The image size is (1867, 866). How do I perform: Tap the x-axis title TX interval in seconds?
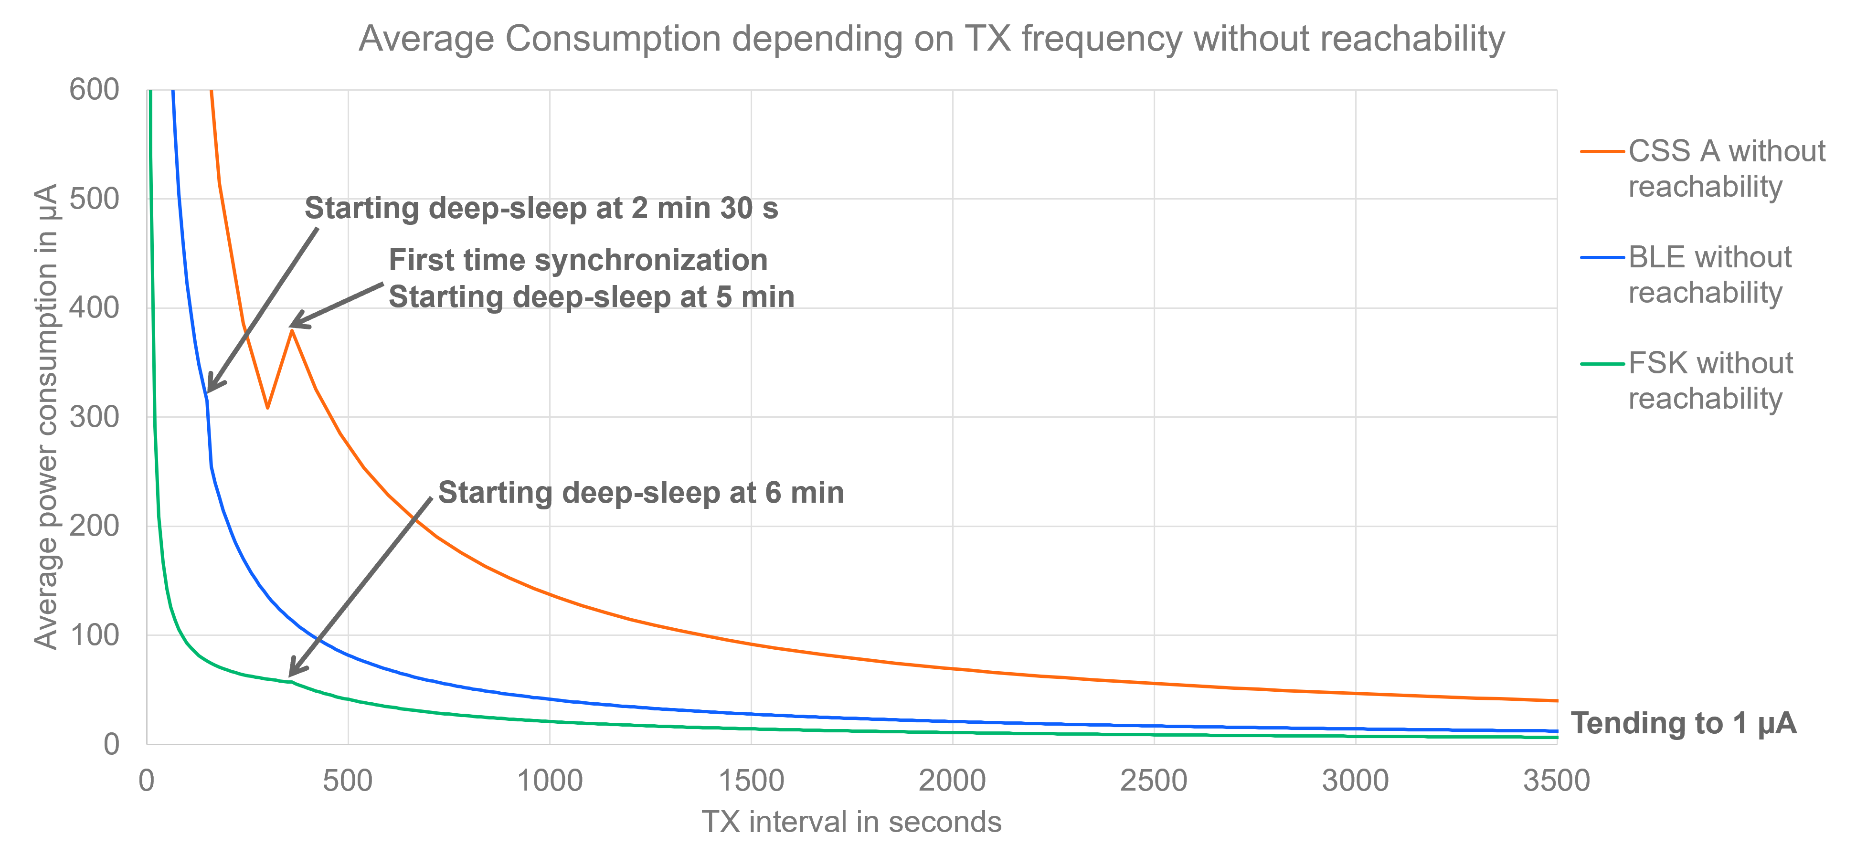tap(851, 822)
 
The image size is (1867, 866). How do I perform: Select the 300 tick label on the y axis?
tap(94, 417)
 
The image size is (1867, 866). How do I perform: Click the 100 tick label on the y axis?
tap(94, 635)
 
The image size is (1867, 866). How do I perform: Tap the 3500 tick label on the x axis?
tap(1556, 781)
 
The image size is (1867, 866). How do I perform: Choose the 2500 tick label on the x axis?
tap(1154, 781)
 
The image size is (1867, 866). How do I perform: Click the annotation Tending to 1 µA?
tap(1683, 723)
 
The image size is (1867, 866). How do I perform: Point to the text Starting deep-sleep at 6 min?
tap(641, 493)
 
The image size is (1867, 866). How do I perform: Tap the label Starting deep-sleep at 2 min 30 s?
tap(541, 209)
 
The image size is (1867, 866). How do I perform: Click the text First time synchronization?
tap(578, 260)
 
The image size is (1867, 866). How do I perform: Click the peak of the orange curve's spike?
tap(291, 330)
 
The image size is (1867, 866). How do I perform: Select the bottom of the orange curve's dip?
tap(267, 408)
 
